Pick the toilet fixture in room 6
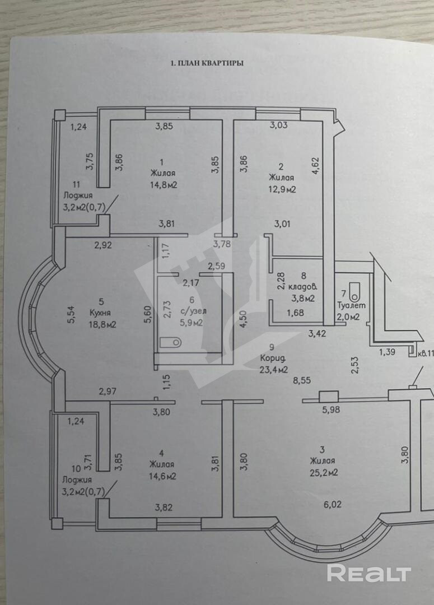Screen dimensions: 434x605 click(x=169, y=341)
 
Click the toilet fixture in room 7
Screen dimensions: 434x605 click(x=354, y=290)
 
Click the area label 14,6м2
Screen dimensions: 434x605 click(x=162, y=477)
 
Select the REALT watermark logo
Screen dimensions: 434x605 click(x=369, y=573)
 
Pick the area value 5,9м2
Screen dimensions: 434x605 click(x=190, y=323)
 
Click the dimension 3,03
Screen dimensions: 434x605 click(x=278, y=125)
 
